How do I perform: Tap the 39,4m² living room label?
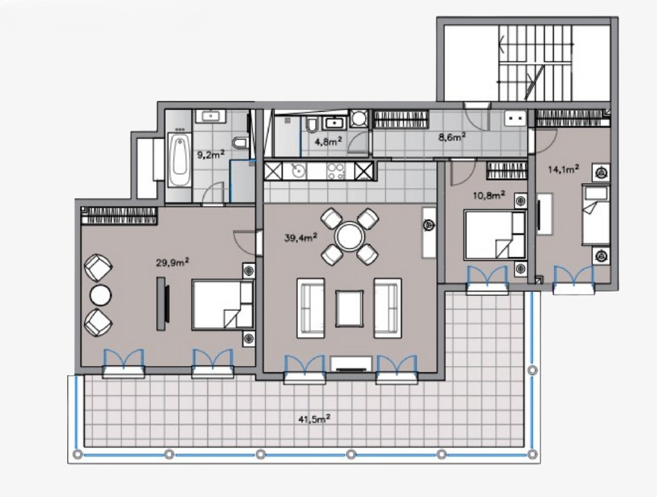pyautogui.click(x=300, y=238)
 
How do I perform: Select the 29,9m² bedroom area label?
pyautogui.click(x=172, y=262)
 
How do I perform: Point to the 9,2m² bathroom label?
pyautogui.click(x=211, y=154)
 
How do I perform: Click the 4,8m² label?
pyautogui.click(x=328, y=141)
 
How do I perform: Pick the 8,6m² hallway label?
pyautogui.click(x=452, y=137)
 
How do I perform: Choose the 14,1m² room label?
pyautogui.click(x=564, y=169)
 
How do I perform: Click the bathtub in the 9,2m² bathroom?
pyautogui.click(x=180, y=160)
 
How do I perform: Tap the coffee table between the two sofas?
pyautogui.click(x=349, y=308)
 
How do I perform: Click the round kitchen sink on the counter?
pyautogui.click(x=299, y=171)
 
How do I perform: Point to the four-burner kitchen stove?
pyautogui.click(x=336, y=171)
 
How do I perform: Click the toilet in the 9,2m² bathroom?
pyautogui.click(x=240, y=143)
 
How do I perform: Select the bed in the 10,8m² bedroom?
pyautogui.click(x=495, y=235)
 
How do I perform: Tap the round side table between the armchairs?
pyautogui.click(x=101, y=295)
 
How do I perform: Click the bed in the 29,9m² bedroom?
pyautogui.click(x=223, y=304)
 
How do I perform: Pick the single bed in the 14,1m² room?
pyautogui.click(x=596, y=214)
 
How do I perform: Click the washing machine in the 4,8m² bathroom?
pyautogui.click(x=359, y=118)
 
